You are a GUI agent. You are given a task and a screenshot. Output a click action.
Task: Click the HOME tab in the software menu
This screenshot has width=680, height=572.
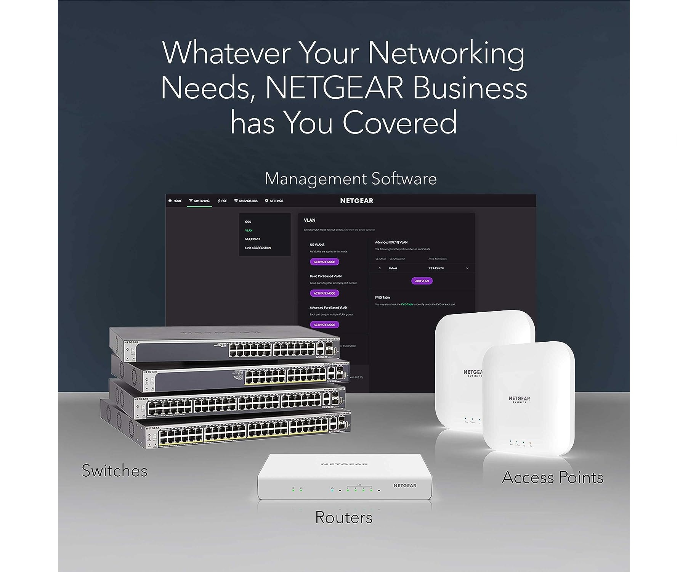coord(175,201)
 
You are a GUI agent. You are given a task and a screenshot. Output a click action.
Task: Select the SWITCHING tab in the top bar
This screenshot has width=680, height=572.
coord(199,201)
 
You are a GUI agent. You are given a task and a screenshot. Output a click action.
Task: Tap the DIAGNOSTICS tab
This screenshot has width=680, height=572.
coord(246,201)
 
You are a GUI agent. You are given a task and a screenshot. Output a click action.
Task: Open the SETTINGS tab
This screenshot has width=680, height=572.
coord(274,201)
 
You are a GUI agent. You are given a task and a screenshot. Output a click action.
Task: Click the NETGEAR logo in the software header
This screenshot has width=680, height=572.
coord(357,201)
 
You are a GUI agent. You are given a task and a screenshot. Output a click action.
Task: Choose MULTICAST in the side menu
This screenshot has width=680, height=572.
coord(252,239)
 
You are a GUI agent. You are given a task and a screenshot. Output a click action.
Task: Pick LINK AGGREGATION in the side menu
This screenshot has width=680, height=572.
coord(258,248)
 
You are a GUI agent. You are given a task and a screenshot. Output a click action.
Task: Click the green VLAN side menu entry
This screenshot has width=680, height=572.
coord(249,230)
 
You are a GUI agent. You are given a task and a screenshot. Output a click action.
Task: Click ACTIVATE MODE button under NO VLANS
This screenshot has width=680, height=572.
coord(324,262)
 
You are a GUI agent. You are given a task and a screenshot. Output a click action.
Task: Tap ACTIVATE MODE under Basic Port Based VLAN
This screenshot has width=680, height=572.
coord(324,293)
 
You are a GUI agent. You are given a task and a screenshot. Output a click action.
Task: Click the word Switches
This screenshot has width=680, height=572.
coord(114,471)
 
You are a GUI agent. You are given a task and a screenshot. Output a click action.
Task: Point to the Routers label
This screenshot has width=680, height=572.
coord(343,517)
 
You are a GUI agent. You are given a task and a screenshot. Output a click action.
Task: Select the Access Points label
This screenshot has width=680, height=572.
coord(553,477)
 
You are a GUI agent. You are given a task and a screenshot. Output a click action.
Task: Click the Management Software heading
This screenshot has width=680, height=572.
coord(351,179)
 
